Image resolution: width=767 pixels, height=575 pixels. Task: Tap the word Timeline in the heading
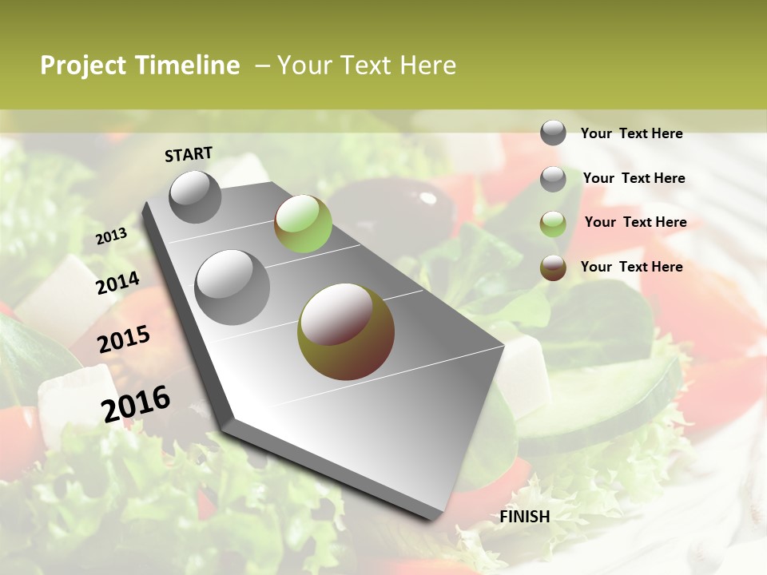click(x=189, y=65)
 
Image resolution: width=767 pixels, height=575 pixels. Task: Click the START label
click(x=189, y=154)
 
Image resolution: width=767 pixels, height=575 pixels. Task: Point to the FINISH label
click(x=524, y=517)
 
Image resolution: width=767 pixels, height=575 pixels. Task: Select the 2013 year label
click(x=112, y=236)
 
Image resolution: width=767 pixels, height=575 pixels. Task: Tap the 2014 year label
click(x=117, y=283)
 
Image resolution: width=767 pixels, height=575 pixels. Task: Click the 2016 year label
click(x=136, y=403)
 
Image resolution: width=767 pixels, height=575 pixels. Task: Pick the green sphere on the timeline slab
click(x=303, y=224)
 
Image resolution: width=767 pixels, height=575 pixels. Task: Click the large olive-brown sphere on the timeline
click(x=345, y=331)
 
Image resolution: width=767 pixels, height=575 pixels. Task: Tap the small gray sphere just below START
click(x=195, y=196)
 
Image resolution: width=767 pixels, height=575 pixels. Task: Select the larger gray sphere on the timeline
click(x=232, y=287)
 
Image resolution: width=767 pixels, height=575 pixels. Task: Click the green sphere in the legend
click(x=553, y=224)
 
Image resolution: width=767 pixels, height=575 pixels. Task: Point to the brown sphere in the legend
click(x=553, y=268)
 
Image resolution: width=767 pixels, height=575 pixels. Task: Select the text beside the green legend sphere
click(x=635, y=222)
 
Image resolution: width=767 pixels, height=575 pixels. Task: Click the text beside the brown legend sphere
click(x=631, y=267)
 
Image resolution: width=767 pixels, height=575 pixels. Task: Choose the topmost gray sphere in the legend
click(x=553, y=133)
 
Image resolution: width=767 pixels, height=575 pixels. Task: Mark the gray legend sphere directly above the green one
click(x=553, y=179)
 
